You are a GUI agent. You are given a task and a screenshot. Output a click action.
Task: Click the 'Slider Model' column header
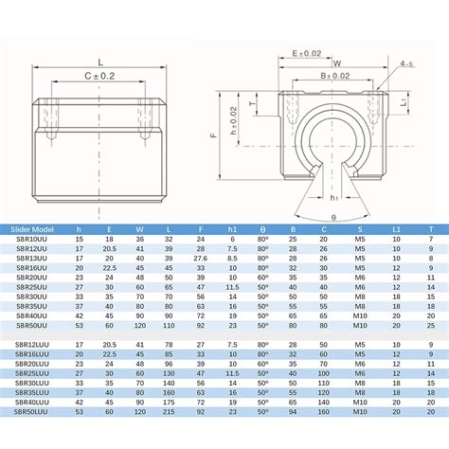[32, 229]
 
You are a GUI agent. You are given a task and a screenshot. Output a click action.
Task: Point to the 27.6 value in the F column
[200, 259]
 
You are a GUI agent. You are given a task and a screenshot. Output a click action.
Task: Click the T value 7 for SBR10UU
[431, 239]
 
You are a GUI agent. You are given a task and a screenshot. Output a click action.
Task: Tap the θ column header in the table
[262, 229]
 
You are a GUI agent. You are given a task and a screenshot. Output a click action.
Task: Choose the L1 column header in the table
[398, 229]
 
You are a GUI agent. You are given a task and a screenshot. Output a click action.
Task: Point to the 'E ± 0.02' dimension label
[307, 55]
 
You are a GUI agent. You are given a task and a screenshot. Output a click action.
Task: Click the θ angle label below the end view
[334, 217]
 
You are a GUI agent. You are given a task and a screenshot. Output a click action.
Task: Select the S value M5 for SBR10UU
[359, 239]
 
